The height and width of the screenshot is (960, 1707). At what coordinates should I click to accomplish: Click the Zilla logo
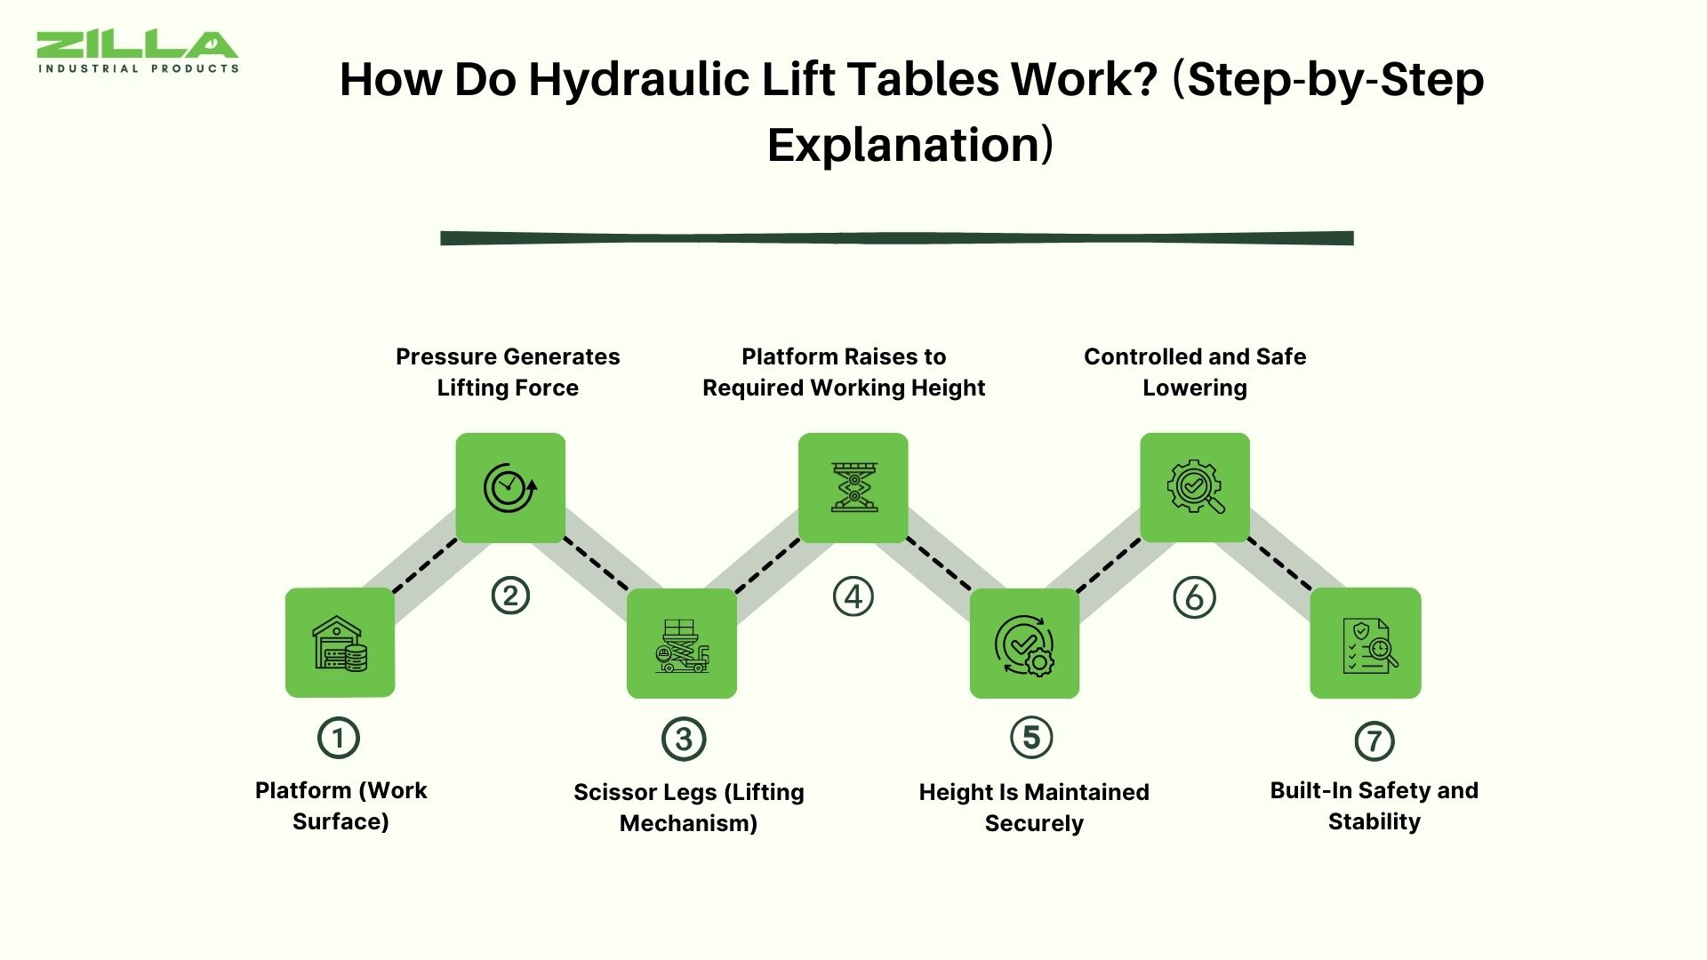click(x=138, y=52)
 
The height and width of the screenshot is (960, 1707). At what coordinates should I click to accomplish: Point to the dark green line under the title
click(x=896, y=238)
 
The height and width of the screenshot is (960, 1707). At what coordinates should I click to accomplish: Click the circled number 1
click(x=338, y=738)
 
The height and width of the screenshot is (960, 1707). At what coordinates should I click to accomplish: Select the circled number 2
click(x=510, y=596)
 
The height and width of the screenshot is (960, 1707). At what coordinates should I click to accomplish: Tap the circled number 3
click(x=684, y=740)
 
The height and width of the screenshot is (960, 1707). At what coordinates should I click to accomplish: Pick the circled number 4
click(x=853, y=596)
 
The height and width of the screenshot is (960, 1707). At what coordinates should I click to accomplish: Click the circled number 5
click(x=1031, y=738)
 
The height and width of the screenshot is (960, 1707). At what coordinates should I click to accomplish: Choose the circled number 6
click(x=1194, y=597)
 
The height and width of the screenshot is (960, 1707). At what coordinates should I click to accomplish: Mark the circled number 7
click(x=1374, y=741)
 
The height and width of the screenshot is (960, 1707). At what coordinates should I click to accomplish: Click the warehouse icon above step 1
click(x=340, y=643)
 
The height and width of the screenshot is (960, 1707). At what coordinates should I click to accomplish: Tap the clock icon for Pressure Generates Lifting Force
click(x=510, y=487)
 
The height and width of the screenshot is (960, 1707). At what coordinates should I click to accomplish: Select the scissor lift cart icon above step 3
click(x=682, y=645)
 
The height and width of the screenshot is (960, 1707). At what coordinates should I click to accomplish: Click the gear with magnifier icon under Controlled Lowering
click(x=1195, y=487)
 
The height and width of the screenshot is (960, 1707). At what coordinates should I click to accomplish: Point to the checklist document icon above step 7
click(x=1366, y=645)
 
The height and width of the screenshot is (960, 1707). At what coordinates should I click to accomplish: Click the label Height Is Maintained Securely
click(x=1033, y=807)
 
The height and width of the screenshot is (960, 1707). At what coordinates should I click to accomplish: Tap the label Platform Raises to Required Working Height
click(x=844, y=372)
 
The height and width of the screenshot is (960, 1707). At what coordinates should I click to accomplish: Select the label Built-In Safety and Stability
click(x=1374, y=805)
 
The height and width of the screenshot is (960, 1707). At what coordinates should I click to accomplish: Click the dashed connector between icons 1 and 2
click(x=425, y=565)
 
